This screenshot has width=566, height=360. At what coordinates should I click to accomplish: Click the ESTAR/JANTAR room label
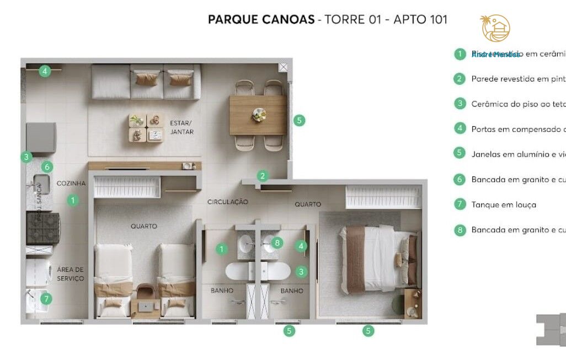[x=181, y=127]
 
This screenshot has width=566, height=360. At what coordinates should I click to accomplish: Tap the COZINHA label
[x=71, y=183]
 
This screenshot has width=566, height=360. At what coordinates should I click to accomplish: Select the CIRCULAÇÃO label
[x=227, y=202]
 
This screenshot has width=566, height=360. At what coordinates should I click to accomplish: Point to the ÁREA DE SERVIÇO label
[x=71, y=274]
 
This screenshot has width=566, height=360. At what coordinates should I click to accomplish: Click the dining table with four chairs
[x=258, y=115]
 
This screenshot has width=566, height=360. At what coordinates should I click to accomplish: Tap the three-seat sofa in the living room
[x=146, y=81]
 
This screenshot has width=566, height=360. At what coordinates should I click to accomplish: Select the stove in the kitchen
[x=43, y=228]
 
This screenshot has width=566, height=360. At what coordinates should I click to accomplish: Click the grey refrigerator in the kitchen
[x=41, y=137]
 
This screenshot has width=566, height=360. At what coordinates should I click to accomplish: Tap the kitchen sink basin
[x=42, y=184]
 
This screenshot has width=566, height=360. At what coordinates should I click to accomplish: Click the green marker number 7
[x=46, y=299]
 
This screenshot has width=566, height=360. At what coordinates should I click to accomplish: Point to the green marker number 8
[x=277, y=242]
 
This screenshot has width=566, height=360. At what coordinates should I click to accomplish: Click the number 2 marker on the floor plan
[x=263, y=176]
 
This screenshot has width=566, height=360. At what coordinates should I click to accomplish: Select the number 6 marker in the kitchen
[x=47, y=166]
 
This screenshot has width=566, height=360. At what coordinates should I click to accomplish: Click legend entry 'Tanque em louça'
[x=503, y=205]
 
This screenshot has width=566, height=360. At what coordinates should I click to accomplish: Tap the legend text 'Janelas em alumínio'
[x=517, y=154]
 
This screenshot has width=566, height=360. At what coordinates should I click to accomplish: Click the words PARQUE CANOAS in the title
[x=260, y=20]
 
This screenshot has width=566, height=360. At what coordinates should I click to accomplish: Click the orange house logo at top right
[x=495, y=29]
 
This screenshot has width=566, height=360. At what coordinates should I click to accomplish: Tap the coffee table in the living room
[x=146, y=128]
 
